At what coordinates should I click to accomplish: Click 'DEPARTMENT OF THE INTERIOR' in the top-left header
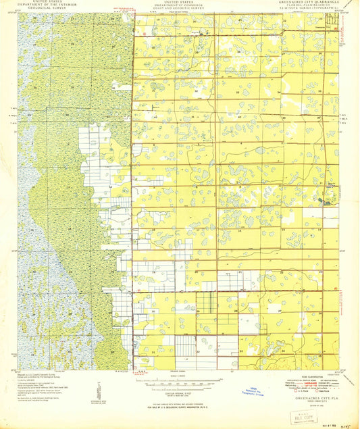[47, 6]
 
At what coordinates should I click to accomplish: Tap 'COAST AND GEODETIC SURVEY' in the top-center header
[178, 9]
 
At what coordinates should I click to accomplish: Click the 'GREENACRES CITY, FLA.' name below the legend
[303, 399]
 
